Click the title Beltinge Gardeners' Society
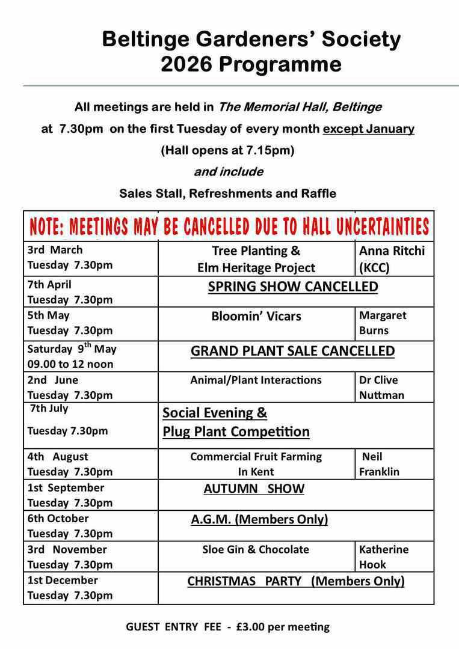[251, 40]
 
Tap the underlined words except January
[368, 129]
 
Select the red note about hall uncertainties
[229, 227]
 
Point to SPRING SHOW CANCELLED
[293, 287]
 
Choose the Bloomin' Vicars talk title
[256, 316]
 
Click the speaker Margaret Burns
[383, 323]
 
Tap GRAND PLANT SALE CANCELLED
[292, 351]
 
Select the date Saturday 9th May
[72, 349]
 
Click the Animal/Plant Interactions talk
[256, 380]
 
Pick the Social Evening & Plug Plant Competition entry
[236, 422]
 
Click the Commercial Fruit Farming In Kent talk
[256, 464]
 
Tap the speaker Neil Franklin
[379, 464]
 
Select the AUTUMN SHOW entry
[254, 489]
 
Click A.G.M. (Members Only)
[259, 519]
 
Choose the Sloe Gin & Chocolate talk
[256, 549]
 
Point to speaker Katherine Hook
[383, 556]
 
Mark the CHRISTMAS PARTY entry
[295, 581]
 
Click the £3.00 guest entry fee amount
[251, 627]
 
